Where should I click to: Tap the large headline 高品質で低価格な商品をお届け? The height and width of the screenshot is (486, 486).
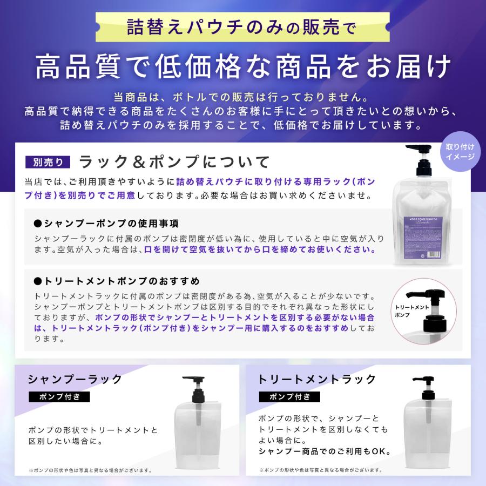point(243,67)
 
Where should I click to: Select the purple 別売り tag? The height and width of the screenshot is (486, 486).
point(48,161)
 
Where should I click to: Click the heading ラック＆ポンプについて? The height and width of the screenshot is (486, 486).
point(174,161)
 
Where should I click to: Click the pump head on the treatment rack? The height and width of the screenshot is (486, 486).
point(423,384)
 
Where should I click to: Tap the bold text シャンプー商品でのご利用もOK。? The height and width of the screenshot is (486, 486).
point(325,451)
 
